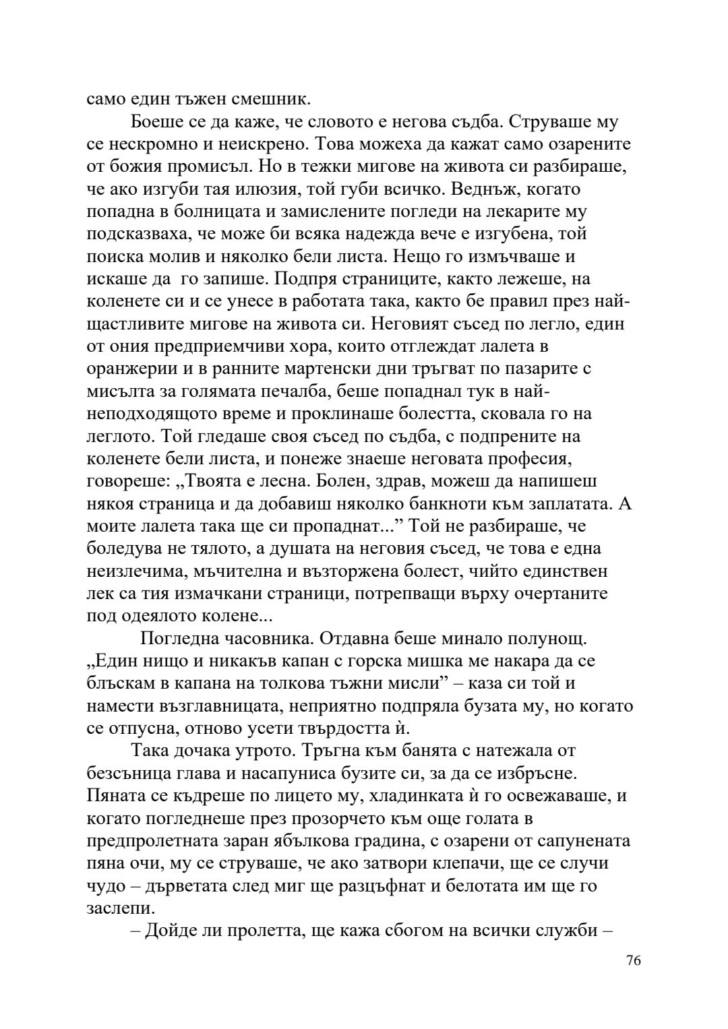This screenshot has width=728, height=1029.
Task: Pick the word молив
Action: [185, 257]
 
